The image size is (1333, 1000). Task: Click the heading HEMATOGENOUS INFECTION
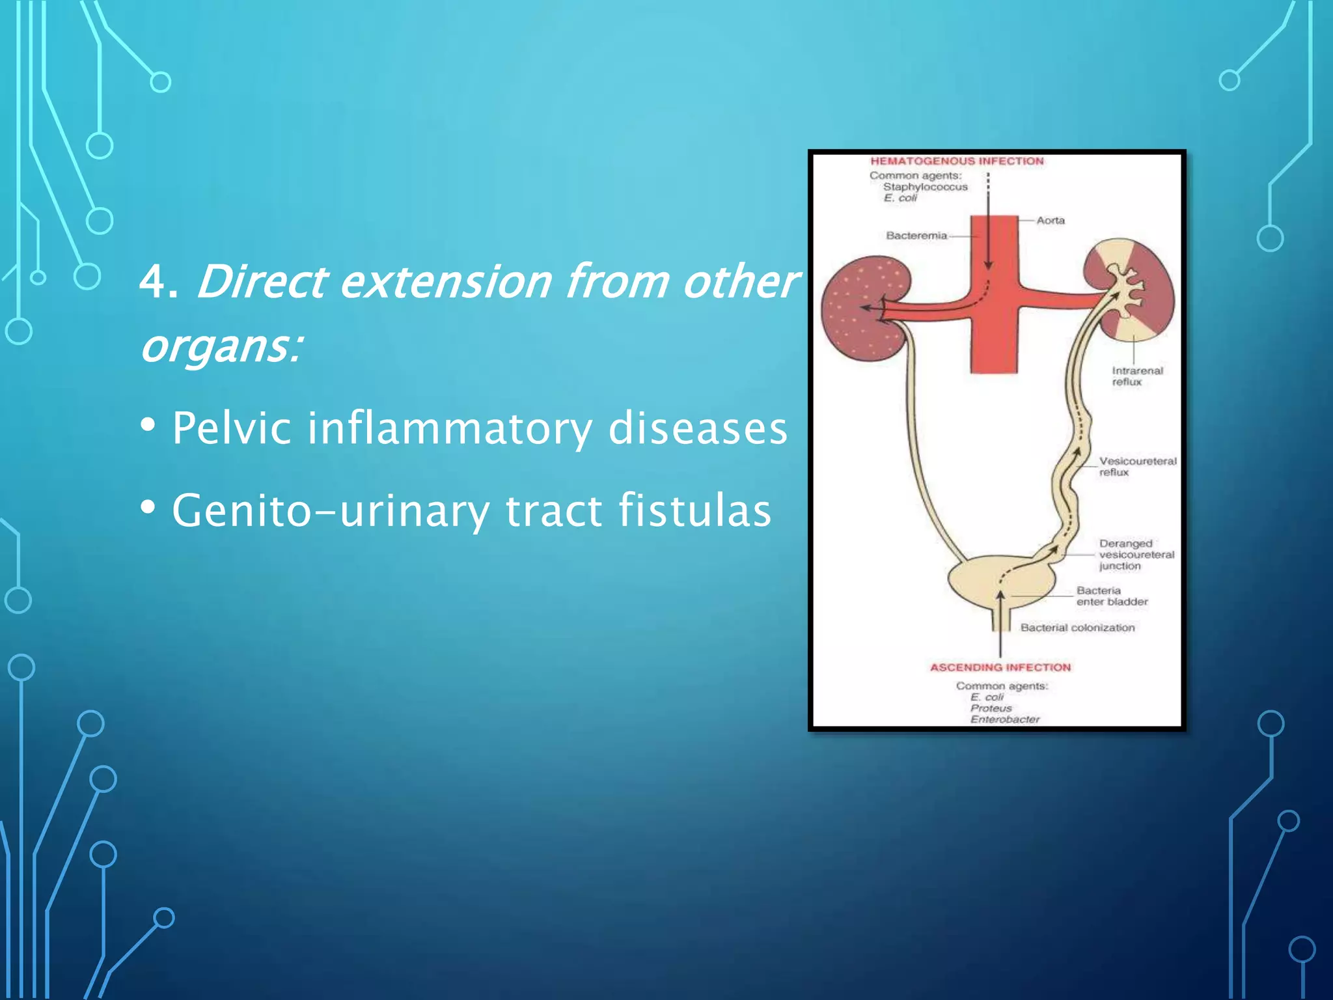(957, 161)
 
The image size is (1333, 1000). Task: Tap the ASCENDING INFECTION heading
(1000, 667)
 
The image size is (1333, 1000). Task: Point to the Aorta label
(1051, 221)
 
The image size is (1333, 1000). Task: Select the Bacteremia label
(916, 236)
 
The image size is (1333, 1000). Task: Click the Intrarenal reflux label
(1136, 376)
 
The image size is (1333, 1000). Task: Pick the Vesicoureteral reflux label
(1138, 466)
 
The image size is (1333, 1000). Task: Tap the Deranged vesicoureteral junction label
(1136, 555)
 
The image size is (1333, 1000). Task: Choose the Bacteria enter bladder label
(1112, 596)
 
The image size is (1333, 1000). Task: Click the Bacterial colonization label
(1077, 628)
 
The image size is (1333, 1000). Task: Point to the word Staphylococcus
(925, 187)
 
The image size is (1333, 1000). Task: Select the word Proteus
(991, 708)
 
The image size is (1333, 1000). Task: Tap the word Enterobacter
(1004, 719)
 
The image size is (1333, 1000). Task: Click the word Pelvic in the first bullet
(231, 429)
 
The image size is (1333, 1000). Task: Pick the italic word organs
(221, 346)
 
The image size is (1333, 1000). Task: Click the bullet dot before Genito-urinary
(148, 507)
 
